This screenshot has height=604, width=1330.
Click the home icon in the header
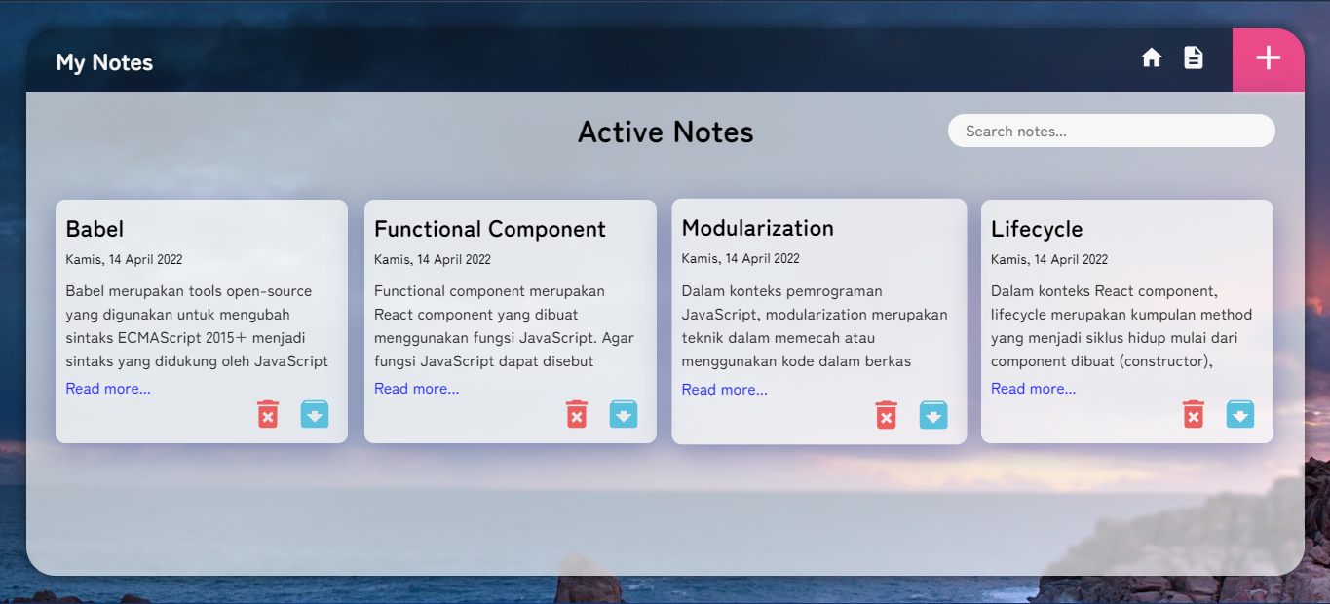pos(1152,58)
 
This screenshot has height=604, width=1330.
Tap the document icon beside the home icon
pos(1193,58)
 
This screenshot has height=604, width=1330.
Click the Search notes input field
pos(1111,131)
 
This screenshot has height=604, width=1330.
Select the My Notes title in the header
pos(104,62)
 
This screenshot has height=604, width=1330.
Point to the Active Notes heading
pos(665,132)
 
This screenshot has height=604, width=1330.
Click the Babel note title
pos(95,229)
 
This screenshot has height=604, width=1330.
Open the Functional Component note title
pos(489,229)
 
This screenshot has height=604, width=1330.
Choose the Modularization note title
pos(757,228)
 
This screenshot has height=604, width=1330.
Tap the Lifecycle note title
pos(1037,229)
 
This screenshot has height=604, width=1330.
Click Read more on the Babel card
pos(108,389)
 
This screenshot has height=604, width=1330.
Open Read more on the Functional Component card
pos(416,389)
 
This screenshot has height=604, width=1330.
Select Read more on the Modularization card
pos(724,390)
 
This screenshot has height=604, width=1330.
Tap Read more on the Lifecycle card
pos(1033,389)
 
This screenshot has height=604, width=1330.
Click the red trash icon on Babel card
pos(268,414)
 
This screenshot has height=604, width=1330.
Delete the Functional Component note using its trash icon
pos(577,414)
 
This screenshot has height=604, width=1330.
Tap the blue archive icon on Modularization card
pos(933,415)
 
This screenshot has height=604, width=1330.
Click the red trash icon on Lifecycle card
pos(1194,414)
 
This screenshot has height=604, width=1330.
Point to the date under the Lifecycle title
pos(1048,259)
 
